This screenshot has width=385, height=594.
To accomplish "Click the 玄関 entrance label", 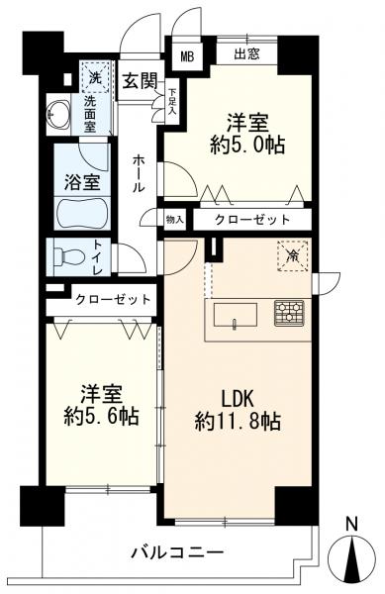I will click(x=139, y=81).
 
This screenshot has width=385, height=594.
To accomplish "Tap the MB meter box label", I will click(x=185, y=55).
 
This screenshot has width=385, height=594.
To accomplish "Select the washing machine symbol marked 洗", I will click(x=94, y=76).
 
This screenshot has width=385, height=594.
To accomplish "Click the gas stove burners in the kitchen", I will click(x=289, y=312).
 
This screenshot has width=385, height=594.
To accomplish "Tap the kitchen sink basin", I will click(x=233, y=315).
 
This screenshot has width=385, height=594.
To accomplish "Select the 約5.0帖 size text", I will click(x=249, y=146).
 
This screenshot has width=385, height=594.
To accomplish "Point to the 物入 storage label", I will click(x=175, y=220).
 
